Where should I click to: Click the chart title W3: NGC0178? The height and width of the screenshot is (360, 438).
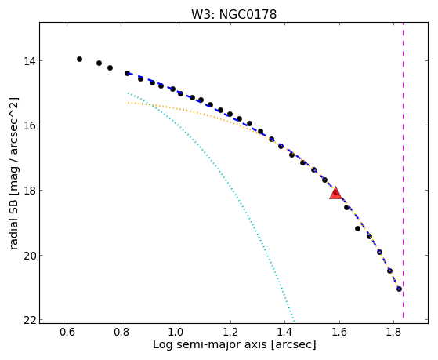click(x=233, y=15)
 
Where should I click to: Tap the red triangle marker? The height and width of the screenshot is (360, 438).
click(x=335, y=193)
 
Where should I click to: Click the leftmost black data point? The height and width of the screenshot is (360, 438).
click(x=79, y=59)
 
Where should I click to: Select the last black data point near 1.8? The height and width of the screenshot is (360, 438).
click(x=399, y=289)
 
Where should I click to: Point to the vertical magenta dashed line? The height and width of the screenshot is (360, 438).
click(x=403, y=170)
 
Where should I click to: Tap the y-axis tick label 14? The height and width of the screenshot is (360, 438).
click(x=29, y=60)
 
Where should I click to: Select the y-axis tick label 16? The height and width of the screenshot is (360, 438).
click(x=29, y=125)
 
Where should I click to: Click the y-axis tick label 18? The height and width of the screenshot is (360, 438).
click(x=29, y=191)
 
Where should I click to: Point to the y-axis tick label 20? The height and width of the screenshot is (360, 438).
click(x=29, y=255)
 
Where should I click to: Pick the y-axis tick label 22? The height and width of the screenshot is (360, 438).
click(x=29, y=320)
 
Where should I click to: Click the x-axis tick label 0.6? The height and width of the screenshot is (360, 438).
click(x=67, y=332)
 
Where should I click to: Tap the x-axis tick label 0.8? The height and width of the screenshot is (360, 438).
click(x=121, y=332)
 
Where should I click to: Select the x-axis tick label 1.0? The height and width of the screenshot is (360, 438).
click(x=176, y=332)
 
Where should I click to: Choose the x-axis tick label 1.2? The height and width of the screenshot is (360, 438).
click(x=230, y=332)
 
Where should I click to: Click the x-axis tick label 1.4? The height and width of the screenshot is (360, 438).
click(x=284, y=332)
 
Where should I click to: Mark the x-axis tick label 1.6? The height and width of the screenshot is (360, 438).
click(x=339, y=332)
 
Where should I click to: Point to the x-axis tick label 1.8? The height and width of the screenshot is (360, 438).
click(x=393, y=332)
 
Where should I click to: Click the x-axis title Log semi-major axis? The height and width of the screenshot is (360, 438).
click(x=210, y=344)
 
